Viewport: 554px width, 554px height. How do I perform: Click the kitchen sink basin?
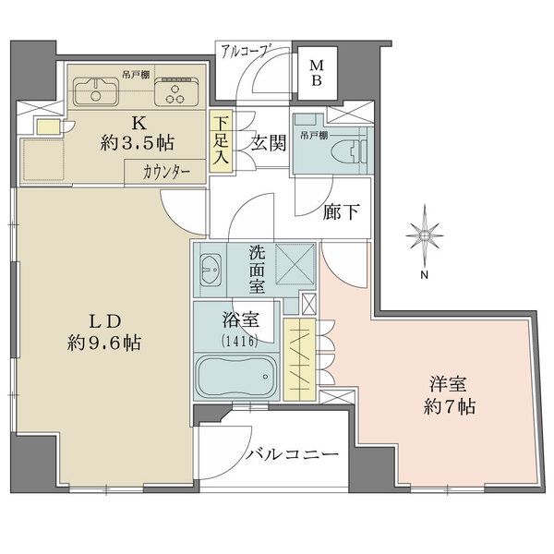coord(96,91)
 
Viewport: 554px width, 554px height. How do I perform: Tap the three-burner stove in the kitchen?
coord(176,91)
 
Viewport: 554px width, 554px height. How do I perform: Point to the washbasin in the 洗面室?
coord(211,271)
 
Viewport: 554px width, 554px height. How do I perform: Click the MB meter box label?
coord(317,73)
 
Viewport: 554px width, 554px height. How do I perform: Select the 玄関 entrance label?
coord(269,144)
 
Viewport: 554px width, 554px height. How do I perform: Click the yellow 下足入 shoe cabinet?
coord(221,141)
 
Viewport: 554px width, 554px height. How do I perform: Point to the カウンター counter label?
coord(166,173)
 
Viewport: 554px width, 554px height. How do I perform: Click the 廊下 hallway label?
coord(342,212)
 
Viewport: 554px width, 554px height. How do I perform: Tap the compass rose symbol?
coord(425,235)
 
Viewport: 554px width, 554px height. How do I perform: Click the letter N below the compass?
coord(425,275)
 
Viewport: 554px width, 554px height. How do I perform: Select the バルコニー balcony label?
coord(292,454)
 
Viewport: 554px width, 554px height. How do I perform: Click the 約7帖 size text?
coord(449,407)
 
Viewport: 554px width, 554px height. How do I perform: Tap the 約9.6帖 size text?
coord(104,343)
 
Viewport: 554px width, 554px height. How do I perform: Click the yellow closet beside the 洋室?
coord(299,359)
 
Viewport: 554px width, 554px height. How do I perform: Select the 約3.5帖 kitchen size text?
coord(137,143)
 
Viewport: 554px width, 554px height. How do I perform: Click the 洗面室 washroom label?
coord(258,270)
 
